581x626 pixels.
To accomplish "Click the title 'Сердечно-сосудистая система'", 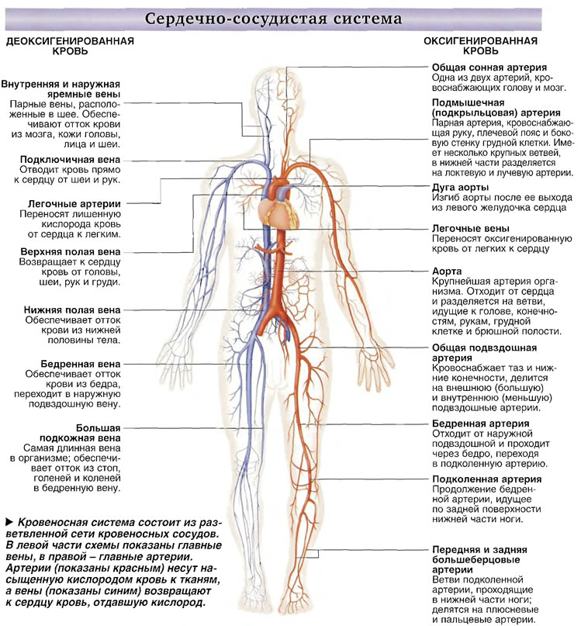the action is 273,19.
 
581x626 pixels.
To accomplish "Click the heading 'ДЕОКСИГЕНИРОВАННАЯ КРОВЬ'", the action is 70,46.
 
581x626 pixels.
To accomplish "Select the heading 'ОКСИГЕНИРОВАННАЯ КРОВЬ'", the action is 480,46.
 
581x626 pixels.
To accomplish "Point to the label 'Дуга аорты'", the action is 460,187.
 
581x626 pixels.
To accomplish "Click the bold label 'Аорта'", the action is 447,271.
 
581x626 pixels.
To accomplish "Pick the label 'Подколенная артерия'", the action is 487,479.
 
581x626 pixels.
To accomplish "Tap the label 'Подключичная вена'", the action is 71,160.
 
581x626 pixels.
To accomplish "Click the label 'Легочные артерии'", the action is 74,204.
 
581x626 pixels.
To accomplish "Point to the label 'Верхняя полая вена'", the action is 71,252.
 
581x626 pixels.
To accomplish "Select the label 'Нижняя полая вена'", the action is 72,310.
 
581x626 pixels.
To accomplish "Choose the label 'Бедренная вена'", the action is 80,364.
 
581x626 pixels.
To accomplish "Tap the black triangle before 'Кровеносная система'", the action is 9,522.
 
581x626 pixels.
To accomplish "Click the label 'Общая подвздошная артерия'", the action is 484,352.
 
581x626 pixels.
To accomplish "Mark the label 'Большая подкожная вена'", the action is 80,433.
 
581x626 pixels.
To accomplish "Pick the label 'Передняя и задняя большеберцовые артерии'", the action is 479,560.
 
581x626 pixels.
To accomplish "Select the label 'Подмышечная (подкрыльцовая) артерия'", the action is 496,107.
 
